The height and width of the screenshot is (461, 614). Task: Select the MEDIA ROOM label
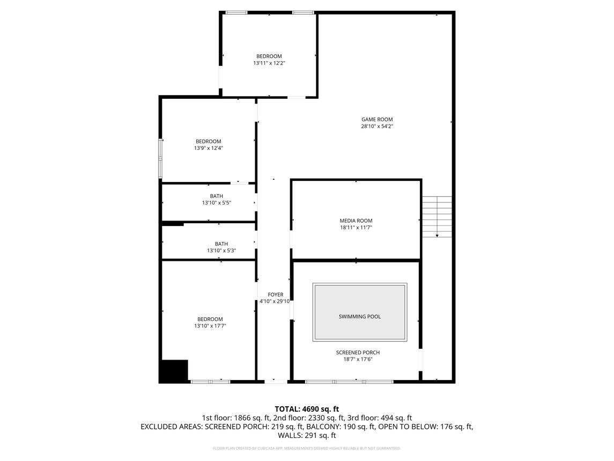click(356, 221)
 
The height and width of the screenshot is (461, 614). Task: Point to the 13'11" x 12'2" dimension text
click(269, 63)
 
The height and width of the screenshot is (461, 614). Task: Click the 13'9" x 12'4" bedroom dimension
click(208, 148)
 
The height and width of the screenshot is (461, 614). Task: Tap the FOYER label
click(275, 295)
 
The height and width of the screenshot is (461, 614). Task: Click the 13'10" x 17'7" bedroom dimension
click(210, 326)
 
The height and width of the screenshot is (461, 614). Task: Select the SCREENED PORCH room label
click(358, 353)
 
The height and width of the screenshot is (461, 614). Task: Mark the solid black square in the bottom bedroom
click(174, 371)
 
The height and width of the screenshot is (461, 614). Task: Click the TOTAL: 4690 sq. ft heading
click(307, 409)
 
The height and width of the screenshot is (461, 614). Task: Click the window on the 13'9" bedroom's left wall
click(160, 158)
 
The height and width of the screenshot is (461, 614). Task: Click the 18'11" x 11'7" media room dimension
click(356, 228)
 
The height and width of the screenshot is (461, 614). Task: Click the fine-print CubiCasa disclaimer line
click(307, 448)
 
